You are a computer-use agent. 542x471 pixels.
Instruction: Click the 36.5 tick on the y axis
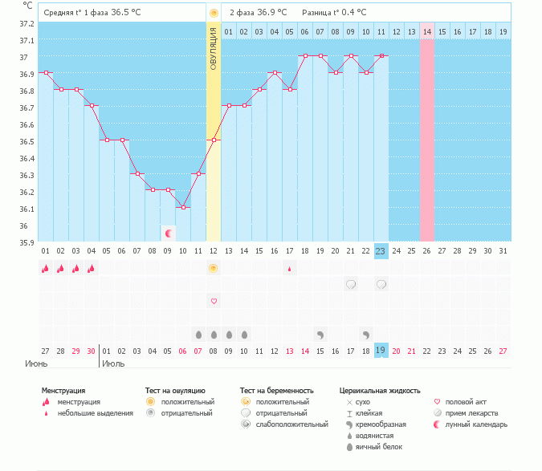click(x=28, y=141)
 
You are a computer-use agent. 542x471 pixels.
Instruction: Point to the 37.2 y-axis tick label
click(x=28, y=24)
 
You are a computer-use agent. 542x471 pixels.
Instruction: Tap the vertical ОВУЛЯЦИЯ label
click(x=214, y=48)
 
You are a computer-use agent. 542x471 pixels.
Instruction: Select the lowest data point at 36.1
click(x=183, y=208)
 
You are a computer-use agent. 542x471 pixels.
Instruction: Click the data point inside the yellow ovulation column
click(x=214, y=140)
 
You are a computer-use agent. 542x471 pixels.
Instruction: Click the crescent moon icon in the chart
click(x=169, y=233)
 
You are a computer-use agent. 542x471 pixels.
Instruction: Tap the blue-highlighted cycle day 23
click(x=381, y=250)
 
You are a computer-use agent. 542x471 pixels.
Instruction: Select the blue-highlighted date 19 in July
click(x=381, y=351)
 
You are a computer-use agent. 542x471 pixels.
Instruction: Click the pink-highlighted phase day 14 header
click(x=427, y=31)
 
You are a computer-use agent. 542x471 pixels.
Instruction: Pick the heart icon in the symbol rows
click(x=214, y=301)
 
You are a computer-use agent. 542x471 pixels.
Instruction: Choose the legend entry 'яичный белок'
click(x=380, y=446)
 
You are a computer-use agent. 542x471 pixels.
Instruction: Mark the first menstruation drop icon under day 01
click(x=46, y=269)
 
